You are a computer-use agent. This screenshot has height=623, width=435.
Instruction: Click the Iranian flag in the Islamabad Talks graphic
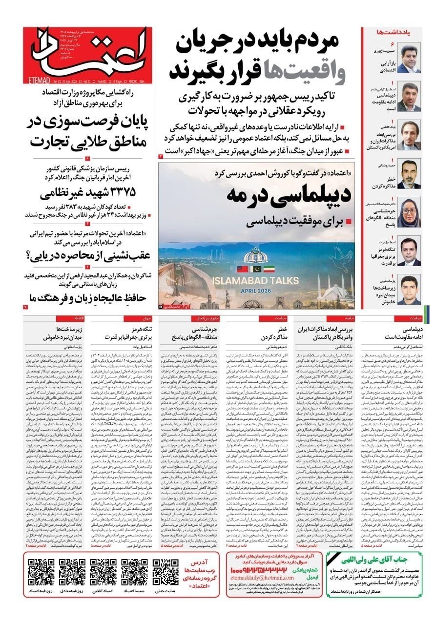coord(269,269)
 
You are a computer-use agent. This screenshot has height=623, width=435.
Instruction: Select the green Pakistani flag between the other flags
coord(255,269)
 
